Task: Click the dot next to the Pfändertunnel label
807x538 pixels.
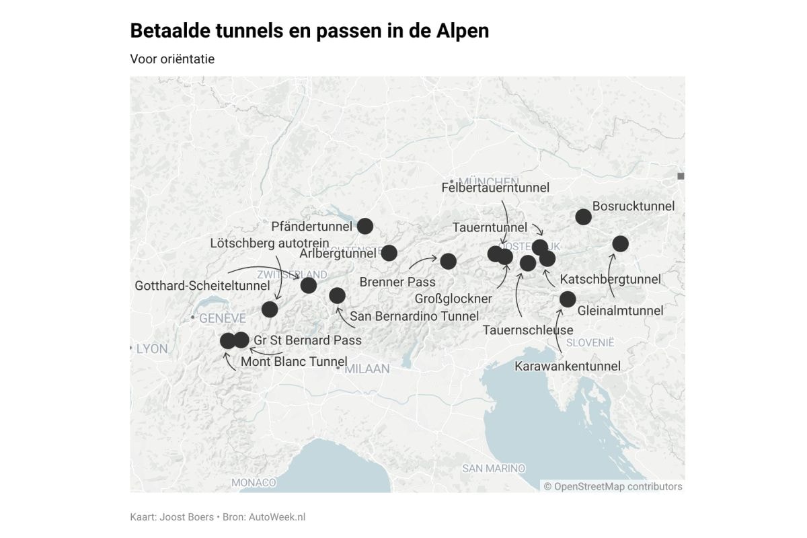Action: coord(365,226)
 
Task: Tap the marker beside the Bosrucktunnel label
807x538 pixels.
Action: coord(583,217)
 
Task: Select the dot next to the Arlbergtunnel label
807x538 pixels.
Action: coord(389,253)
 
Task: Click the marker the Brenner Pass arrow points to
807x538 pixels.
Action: coord(449,261)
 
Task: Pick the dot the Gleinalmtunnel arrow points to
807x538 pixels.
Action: coord(620,243)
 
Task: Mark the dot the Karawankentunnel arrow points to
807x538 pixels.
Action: coord(568,299)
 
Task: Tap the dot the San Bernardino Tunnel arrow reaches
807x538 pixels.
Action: coord(337,295)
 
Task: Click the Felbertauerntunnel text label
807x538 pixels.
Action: coord(495,188)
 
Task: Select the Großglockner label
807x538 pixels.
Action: coord(453,298)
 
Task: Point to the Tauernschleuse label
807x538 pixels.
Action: coord(528,330)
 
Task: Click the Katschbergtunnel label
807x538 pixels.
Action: coord(610,279)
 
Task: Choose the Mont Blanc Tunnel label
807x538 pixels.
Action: coord(294,362)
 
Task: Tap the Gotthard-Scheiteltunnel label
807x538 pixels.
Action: coord(202,286)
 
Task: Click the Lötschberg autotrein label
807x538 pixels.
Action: coord(269,243)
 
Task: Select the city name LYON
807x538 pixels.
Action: coord(152,349)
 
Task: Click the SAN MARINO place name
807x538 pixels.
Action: coord(493,468)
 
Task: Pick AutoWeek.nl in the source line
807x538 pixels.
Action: coord(277,516)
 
